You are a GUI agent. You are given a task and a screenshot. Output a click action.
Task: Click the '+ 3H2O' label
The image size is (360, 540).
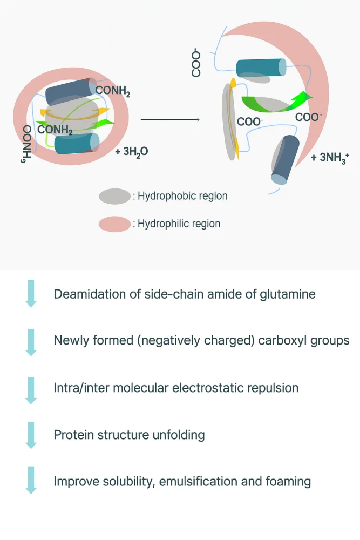coord(132,152)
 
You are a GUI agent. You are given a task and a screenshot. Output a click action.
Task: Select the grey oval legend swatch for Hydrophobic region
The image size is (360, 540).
coord(114,196)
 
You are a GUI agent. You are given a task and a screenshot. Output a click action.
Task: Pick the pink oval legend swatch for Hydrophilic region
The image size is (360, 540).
coord(114,223)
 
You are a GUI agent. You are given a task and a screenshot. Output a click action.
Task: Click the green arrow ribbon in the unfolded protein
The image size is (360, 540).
coord(275,102)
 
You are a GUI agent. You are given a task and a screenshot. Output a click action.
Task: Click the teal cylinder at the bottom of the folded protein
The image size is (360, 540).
coord(77,144)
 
